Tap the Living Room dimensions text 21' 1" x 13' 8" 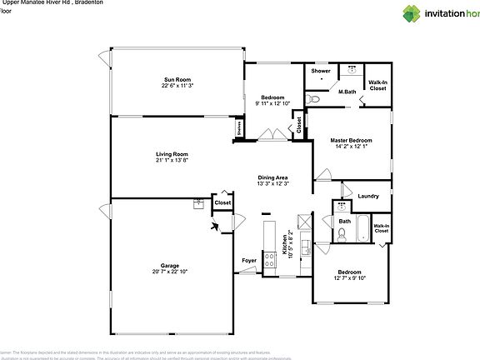172,160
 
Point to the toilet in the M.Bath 311,99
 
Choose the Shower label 321,72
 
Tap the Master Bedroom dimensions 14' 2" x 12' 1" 350,147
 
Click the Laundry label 368,197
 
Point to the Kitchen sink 305,247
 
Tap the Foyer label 249,261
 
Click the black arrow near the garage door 216,224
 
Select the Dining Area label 272,177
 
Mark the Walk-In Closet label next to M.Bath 377,85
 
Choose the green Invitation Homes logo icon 412,13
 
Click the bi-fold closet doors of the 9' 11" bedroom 269,134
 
